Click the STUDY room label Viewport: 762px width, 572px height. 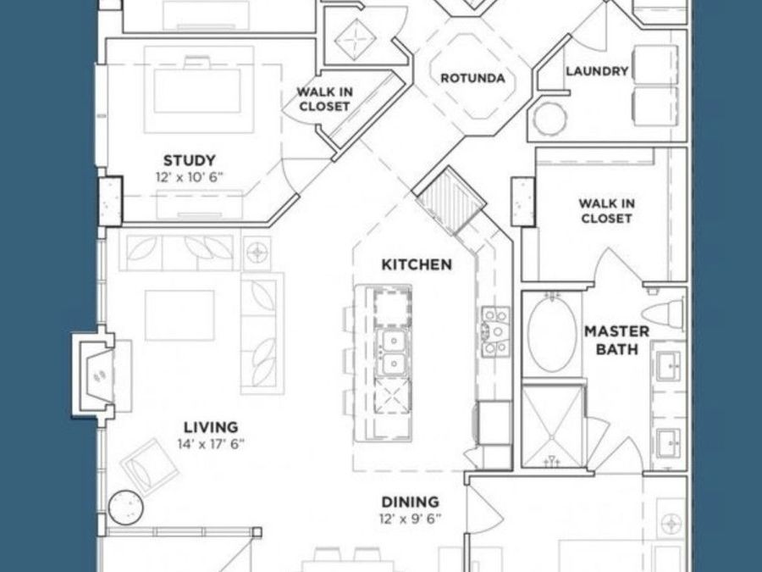189,160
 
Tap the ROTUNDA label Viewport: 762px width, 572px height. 472,78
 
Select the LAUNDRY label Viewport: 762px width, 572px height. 597,71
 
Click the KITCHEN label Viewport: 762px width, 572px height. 417,264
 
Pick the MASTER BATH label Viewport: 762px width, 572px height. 616,339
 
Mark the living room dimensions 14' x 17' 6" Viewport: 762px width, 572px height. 212,444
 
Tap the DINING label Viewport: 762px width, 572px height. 410,502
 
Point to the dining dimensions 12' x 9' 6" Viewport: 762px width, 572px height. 410,519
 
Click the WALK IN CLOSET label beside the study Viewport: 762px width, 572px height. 323,99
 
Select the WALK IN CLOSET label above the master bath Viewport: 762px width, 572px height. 605,210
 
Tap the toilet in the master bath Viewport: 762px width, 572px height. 665,311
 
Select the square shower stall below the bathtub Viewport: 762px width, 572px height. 552,425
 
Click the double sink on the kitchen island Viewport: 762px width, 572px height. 391,353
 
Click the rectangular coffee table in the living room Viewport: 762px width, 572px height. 179,315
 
